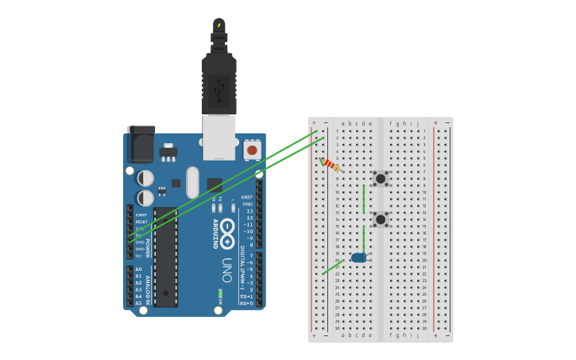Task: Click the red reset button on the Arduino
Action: tap(252, 149)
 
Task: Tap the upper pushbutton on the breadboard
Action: tap(381, 179)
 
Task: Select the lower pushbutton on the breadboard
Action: tap(381, 219)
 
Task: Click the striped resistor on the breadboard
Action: tap(331, 165)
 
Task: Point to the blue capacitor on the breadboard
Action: tap(359, 257)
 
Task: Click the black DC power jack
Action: tap(141, 145)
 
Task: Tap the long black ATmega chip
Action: tap(165, 257)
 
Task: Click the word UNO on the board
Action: tap(227, 264)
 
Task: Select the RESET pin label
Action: tap(141, 222)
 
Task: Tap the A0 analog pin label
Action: tap(138, 269)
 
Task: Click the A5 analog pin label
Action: tap(138, 303)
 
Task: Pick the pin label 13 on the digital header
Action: tap(249, 211)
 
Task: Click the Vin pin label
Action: tap(138, 256)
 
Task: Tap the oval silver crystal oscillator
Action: tap(192, 182)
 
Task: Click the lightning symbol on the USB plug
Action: tap(219, 25)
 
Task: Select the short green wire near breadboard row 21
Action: tap(333, 267)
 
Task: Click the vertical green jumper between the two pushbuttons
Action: tap(364, 199)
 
